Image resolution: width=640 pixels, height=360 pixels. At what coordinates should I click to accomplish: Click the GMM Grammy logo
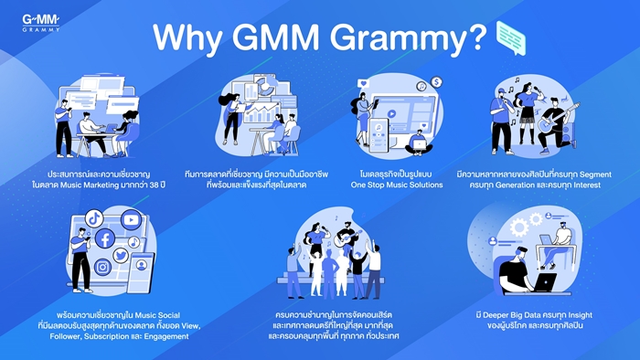pos(41,23)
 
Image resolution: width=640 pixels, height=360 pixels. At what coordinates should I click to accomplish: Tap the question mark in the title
pos(476,37)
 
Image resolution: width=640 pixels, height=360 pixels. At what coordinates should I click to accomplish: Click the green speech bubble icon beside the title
pos(511,37)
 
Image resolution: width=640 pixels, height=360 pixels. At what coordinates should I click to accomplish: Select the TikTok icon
pos(94,218)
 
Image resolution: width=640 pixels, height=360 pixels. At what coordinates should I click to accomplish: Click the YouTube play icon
pos(131,220)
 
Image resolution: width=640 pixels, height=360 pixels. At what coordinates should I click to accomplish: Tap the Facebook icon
pos(105,238)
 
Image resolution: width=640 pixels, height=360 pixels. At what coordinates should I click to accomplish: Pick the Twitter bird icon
pos(121,256)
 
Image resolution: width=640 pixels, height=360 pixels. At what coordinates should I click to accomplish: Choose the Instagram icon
pos(102,267)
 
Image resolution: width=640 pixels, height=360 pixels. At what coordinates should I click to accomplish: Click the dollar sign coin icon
pos(436,82)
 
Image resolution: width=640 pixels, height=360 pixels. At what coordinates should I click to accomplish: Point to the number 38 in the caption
pos(154,185)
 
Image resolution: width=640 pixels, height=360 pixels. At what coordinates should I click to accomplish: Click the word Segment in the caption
pos(595,175)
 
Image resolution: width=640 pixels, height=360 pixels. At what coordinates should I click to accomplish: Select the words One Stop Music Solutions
pos(397,185)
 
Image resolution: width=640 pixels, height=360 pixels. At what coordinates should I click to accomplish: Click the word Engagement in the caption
pos(166,336)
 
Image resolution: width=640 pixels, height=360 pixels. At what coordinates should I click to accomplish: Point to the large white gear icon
pos(519,228)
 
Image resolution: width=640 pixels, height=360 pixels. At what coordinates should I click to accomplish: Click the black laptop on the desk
pos(545,282)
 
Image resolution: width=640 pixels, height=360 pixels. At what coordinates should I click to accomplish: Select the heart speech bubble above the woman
pos(363,84)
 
